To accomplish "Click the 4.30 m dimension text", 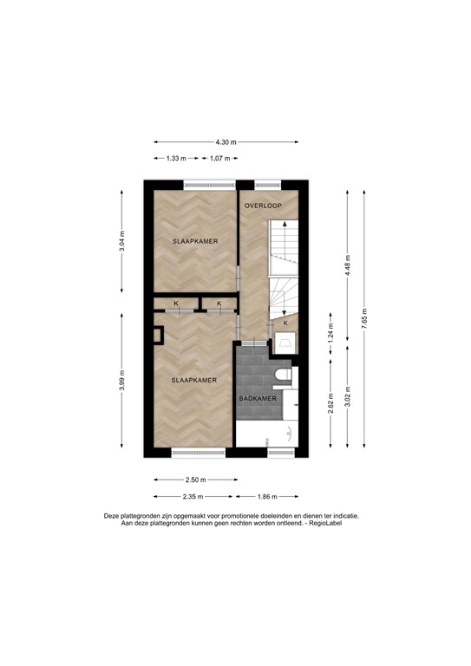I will point(226,142).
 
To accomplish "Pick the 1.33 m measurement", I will point(175,159).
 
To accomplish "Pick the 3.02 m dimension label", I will point(347,399).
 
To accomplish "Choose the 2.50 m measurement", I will point(194,480).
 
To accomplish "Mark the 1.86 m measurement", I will point(268,496).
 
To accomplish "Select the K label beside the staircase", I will point(285,324).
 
